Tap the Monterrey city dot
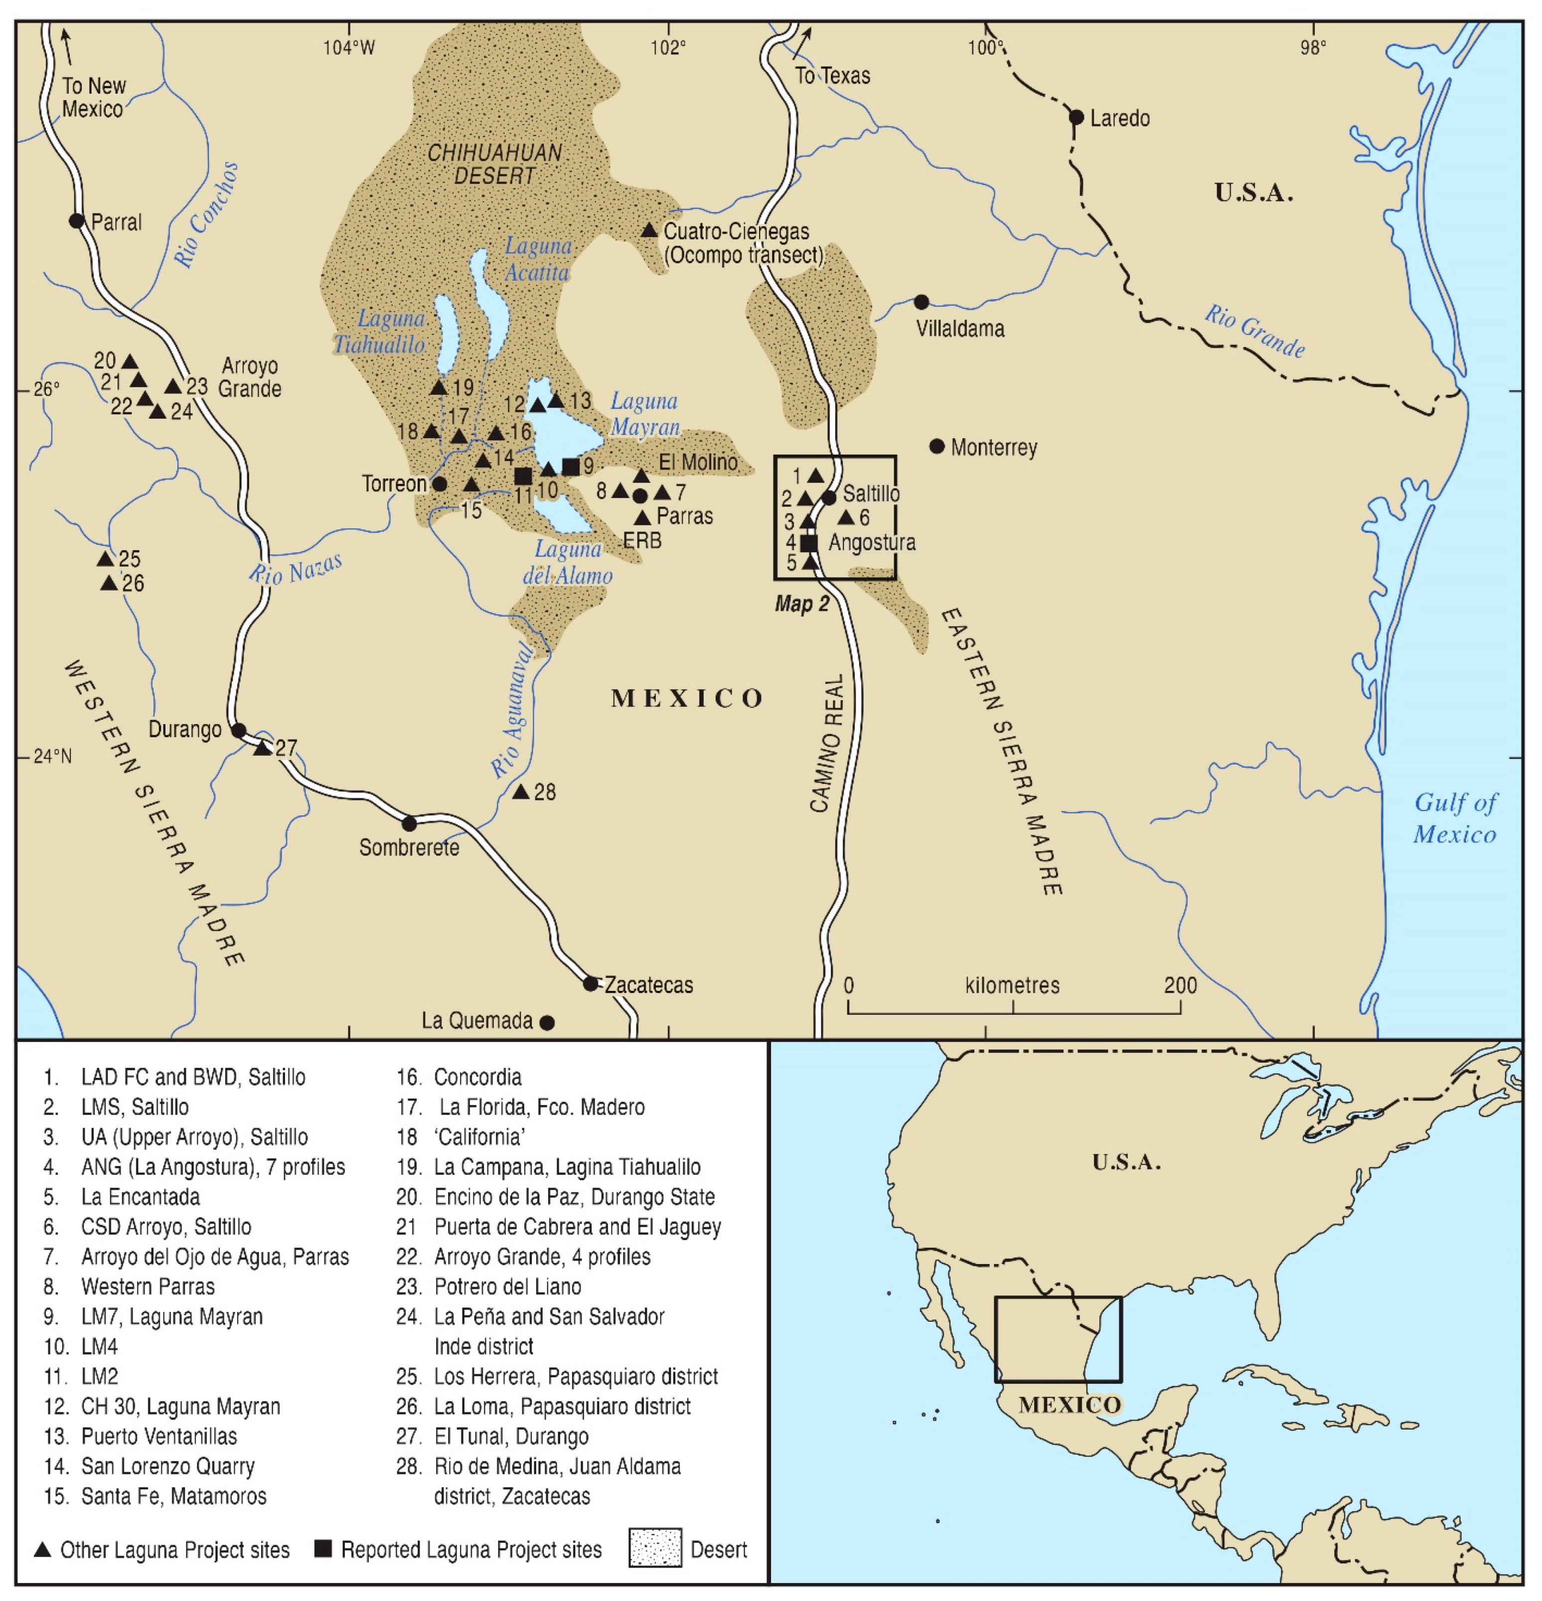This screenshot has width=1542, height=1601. tap(937, 446)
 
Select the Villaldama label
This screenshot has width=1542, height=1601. tap(960, 329)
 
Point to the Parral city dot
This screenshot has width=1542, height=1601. tap(77, 220)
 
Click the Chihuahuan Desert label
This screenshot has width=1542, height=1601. tap(495, 164)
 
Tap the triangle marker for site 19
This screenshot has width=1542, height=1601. tap(439, 388)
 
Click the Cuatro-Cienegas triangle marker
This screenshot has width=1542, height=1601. tap(649, 230)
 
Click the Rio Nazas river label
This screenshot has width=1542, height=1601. tap(295, 567)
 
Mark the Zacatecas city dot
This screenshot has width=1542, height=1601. tap(591, 983)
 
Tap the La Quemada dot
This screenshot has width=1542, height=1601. tap(547, 1022)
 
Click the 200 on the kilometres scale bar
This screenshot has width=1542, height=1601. tap(1180, 985)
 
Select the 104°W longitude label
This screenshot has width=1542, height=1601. tap(349, 47)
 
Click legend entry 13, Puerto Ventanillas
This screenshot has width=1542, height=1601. tap(158, 1436)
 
